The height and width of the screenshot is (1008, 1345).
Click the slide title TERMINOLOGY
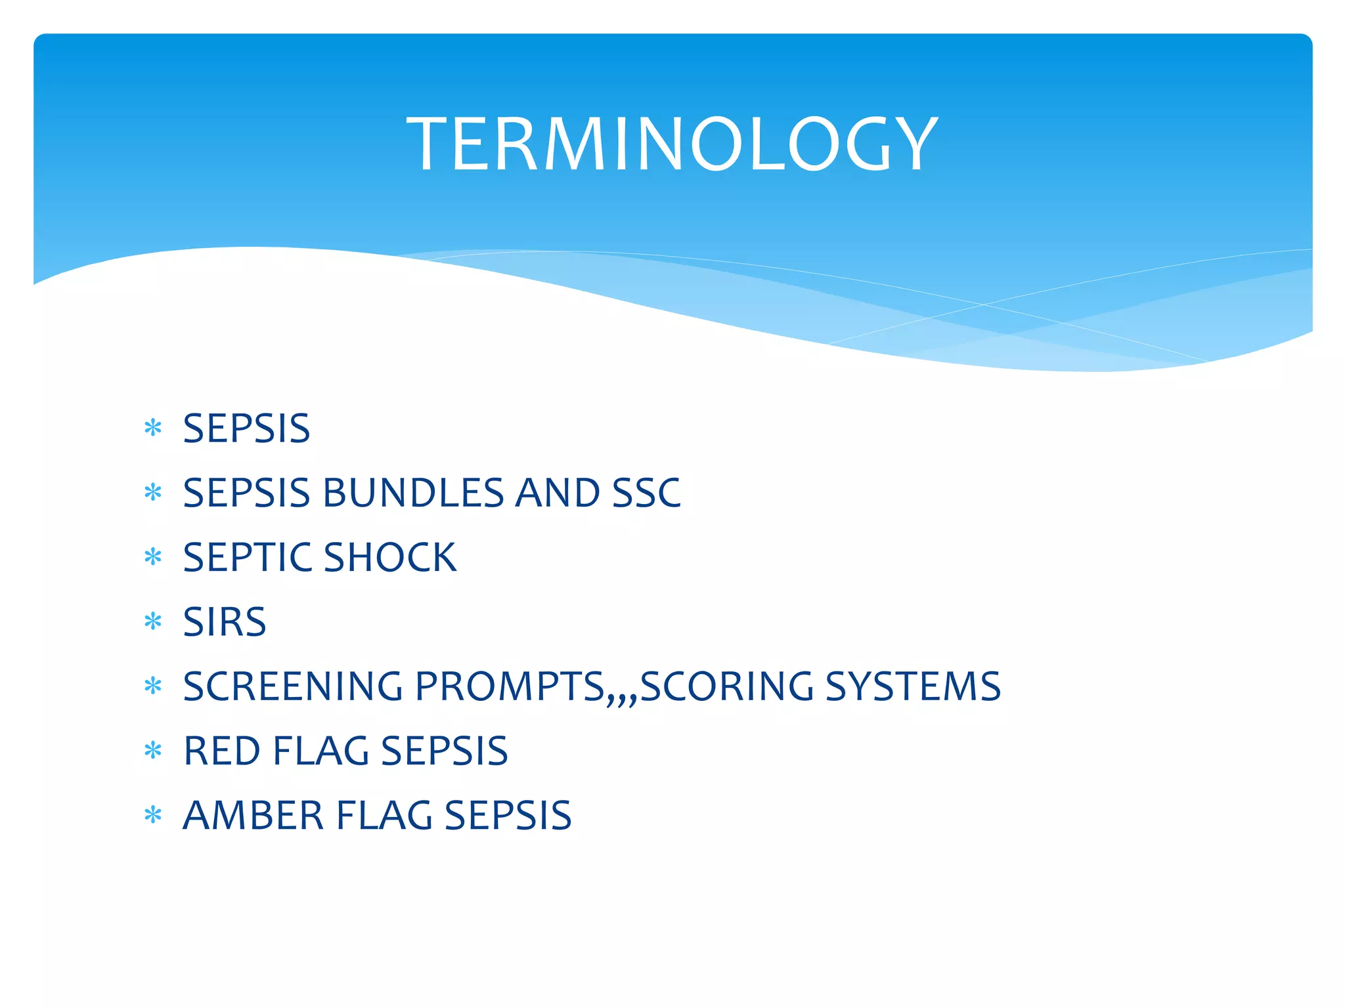(x=672, y=144)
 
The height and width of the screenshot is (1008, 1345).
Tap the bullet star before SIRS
(x=153, y=621)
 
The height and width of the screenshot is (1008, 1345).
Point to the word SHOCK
(x=389, y=557)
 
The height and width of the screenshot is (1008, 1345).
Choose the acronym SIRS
(x=225, y=621)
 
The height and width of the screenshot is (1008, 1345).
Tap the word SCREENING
(x=293, y=686)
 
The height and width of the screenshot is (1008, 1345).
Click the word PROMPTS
(x=510, y=686)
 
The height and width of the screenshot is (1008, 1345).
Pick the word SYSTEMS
(x=913, y=686)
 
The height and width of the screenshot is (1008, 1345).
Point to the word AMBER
(x=254, y=816)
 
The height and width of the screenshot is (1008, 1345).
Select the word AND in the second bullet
(x=557, y=493)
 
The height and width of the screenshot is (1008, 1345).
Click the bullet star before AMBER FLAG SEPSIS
(x=153, y=815)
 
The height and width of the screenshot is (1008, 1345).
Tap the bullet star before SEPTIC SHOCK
(x=153, y=557)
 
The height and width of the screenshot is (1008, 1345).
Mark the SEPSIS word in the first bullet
(x=246, y=429)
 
